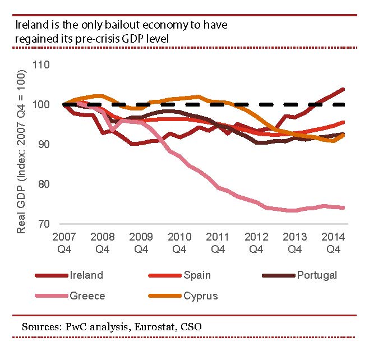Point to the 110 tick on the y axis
coord(41,65)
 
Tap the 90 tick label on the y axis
coord(44,145)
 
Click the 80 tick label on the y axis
coord(44,184)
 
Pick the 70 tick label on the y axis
coord(44,224)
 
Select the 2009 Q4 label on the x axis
coord(140,241)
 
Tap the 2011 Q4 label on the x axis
coord(216,241)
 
